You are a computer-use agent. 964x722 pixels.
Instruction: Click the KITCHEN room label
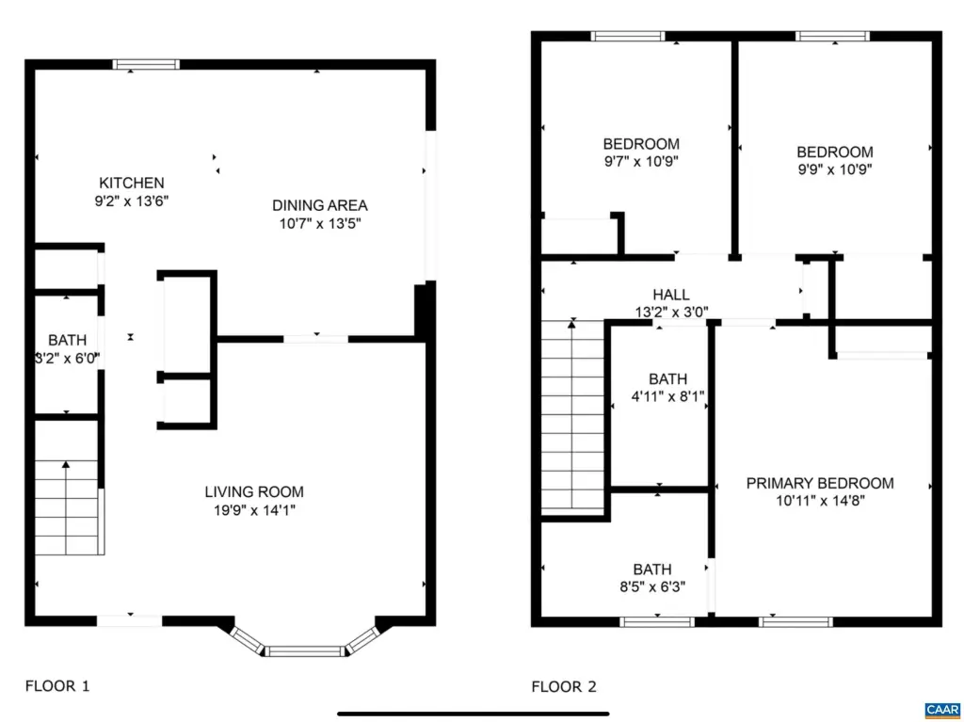point(132,183)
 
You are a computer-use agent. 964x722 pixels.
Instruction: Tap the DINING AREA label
point(320,205)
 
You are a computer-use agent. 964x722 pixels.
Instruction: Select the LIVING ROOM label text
point(254,492)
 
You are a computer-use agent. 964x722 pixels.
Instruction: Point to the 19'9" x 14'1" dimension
point(254,510)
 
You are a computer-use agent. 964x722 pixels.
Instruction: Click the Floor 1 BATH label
point(67,340)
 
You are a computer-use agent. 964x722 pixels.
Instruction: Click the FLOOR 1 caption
point(57,685)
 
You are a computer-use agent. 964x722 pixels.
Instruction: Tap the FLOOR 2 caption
point(564,686)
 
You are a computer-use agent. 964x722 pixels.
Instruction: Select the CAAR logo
point(941,711)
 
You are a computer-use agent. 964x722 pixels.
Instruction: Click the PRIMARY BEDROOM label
point(820,484)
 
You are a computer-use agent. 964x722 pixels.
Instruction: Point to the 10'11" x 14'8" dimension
point(820,501)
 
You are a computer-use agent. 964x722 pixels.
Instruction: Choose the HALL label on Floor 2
point(670,295)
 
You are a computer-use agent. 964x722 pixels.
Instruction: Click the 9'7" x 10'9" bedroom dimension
point(641,161)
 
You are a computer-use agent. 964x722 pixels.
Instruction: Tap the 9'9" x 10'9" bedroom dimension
point(835,169)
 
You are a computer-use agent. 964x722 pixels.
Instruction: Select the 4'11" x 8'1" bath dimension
point(667,396)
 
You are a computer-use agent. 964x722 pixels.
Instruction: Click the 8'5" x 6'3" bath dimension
point(652,586)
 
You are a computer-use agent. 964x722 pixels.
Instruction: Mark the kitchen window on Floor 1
point(146,64)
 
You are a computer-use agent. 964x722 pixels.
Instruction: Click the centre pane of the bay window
point(305,651)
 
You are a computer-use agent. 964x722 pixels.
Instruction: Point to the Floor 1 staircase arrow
point(66,507)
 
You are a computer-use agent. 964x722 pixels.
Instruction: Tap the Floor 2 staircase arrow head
point(571,324)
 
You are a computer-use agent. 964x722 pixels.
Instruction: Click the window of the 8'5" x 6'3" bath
point(657,622)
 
